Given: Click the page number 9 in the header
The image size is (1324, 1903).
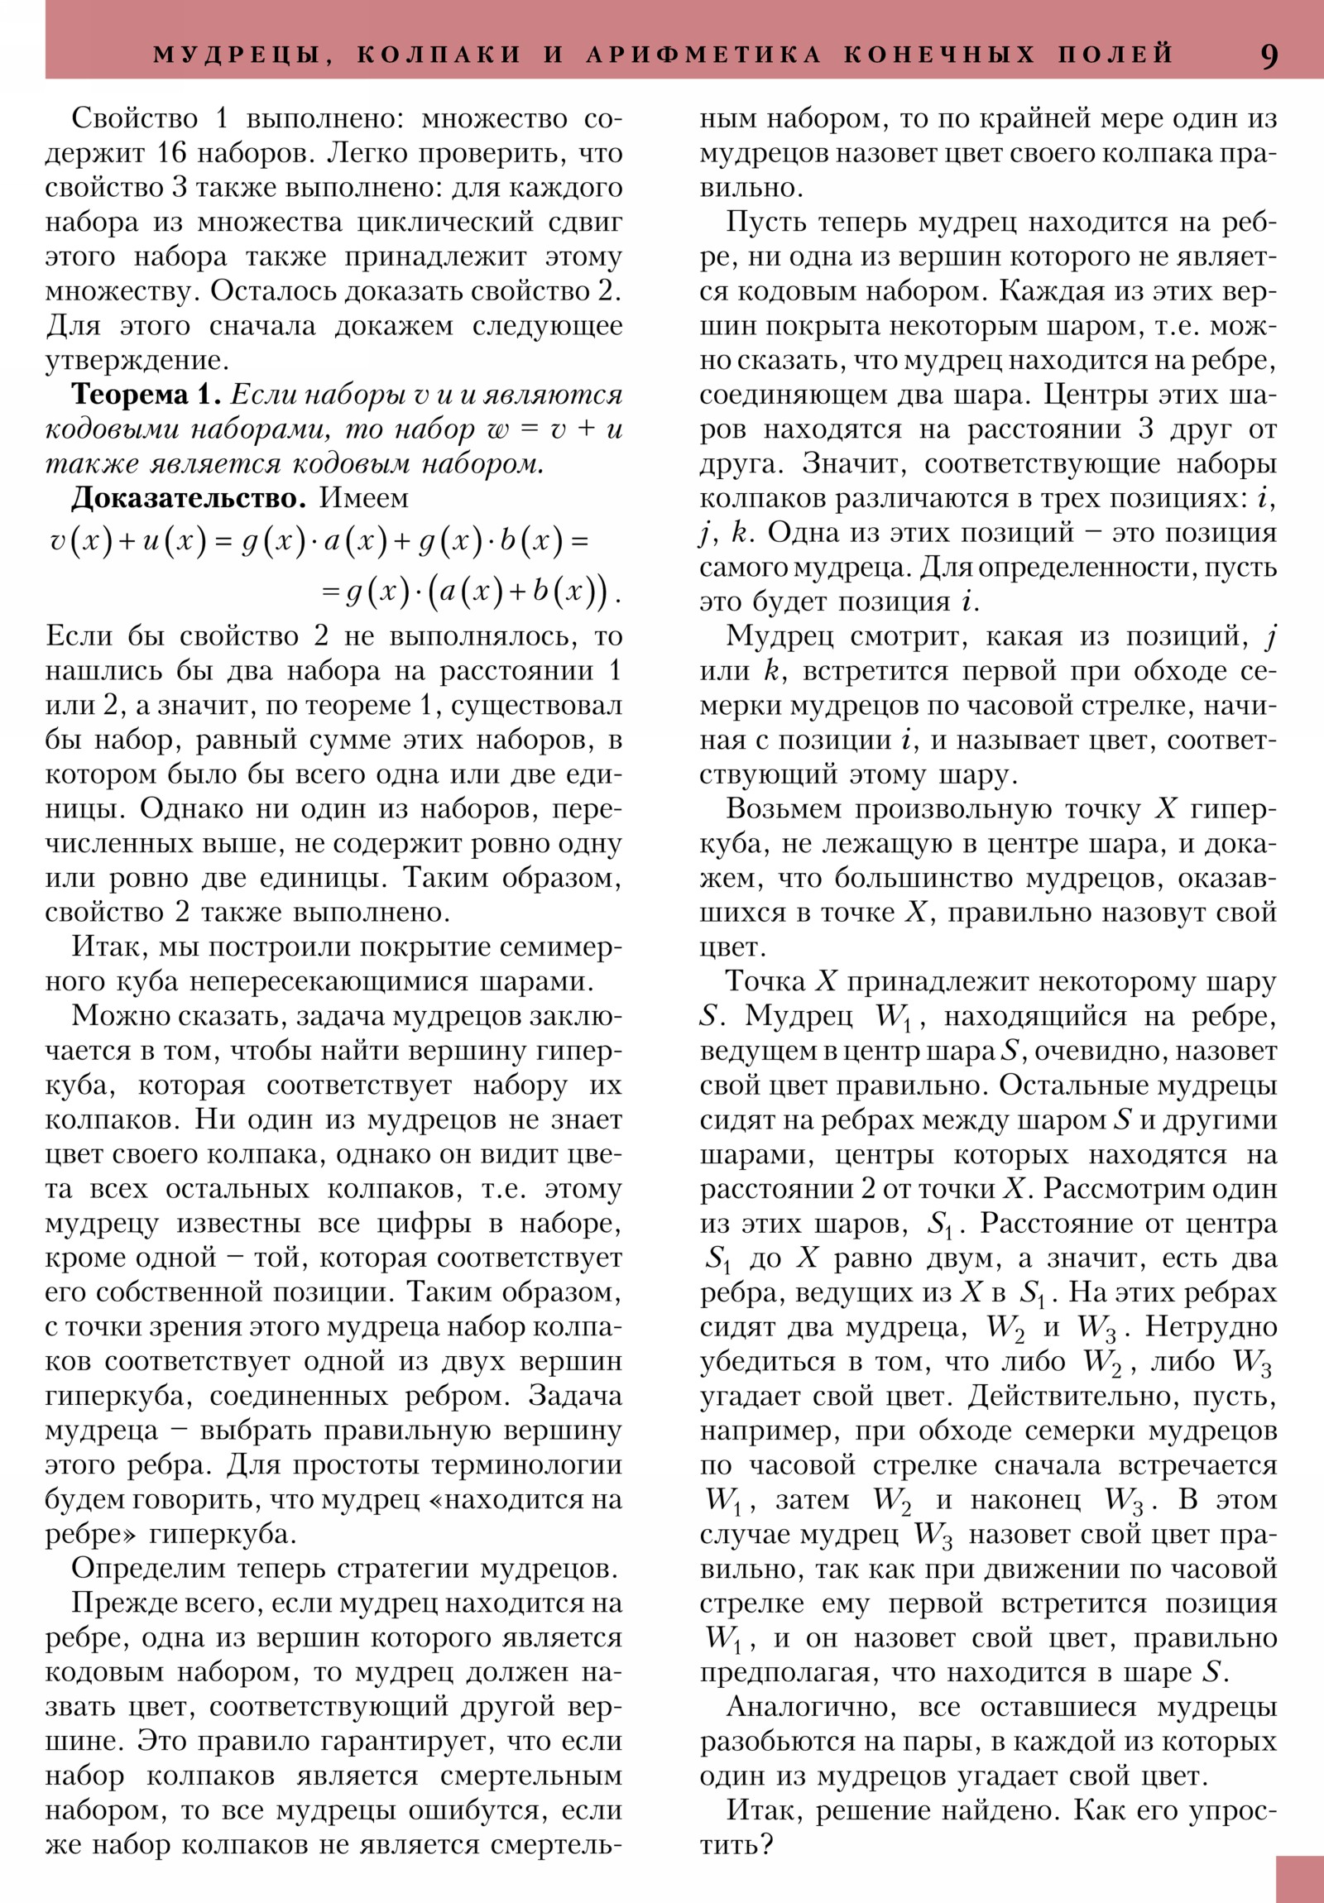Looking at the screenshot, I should pos(1269,55).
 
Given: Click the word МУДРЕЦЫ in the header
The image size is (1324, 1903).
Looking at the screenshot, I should pos(236,55).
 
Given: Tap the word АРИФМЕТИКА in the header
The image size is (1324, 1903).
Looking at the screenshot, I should pos(704,55).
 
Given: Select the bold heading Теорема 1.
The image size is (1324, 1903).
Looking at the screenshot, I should pos(146,395).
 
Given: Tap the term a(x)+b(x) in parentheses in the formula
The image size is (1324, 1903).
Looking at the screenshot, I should pos(517,592).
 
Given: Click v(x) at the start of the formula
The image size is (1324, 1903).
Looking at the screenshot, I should pos(79,542).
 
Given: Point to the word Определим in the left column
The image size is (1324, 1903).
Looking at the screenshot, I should pos(136,1568).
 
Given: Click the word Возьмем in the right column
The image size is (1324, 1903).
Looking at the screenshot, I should pos(784,809).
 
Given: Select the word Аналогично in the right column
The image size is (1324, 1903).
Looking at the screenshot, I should pos(808,1708).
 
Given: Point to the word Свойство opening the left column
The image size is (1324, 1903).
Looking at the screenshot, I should pos(134,118).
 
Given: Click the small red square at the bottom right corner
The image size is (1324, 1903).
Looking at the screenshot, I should pos(1299,1879).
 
